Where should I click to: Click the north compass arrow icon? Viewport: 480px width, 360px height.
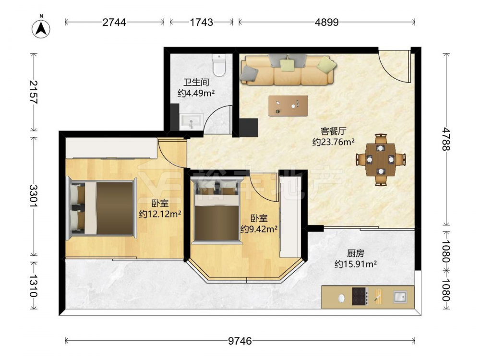point(41,28)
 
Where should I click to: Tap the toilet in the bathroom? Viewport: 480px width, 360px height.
point(219,65)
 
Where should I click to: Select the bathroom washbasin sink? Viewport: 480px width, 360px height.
point(192,122)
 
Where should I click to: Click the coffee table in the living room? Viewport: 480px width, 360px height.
point(288,106)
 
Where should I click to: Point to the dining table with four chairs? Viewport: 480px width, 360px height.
point(381,159)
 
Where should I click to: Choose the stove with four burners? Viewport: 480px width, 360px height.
point(360,296)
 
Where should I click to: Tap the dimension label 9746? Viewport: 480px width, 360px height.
point(240,341)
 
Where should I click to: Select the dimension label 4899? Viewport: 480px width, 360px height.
point(327,22)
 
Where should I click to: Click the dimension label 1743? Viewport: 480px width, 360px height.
point(202,22)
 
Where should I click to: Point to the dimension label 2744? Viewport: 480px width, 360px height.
point(114,22)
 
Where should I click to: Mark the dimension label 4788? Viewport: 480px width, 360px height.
point(446,139)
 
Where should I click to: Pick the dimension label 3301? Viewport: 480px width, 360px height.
point(34,196)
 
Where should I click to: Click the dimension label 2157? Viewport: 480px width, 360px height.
point(34,92)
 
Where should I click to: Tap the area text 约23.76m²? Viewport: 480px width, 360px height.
point(334,142)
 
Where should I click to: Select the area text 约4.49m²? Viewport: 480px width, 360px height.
point(196,93)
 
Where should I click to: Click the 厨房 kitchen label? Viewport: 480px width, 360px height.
point(355,253)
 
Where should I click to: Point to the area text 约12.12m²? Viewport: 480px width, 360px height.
point(160,214)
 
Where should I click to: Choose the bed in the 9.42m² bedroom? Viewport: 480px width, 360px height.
point(216,212)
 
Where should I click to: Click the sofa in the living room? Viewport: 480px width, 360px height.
point(288,70)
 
